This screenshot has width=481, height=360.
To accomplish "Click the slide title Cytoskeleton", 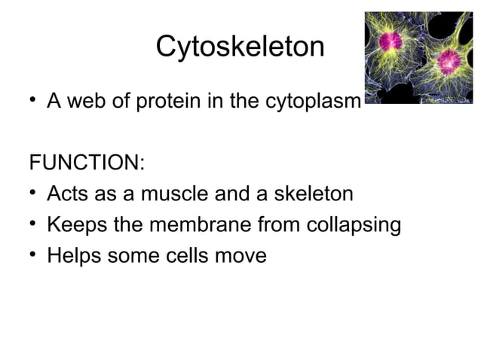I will point(240,47).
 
